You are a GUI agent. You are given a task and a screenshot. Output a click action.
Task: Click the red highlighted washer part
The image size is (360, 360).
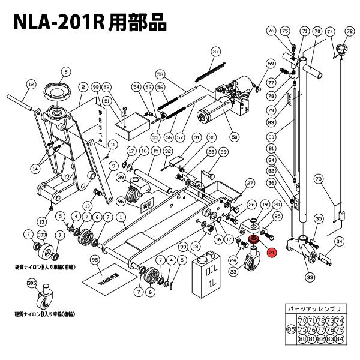[252, 240]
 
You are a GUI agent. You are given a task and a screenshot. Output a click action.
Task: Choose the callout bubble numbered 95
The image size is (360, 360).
[94, 259]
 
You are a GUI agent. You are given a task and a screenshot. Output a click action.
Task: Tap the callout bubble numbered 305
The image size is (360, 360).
[31, 283]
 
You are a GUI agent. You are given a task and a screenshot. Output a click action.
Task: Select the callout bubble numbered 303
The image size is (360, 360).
[42, 235]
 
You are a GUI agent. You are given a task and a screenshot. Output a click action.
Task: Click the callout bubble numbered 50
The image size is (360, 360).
[235, 136]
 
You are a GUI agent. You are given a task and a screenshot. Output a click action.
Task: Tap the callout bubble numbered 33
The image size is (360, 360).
[310, 277]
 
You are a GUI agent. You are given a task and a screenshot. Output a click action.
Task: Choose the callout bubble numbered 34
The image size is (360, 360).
[339, 241]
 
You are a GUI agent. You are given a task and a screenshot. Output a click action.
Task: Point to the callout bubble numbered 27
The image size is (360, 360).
[250, 182]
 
